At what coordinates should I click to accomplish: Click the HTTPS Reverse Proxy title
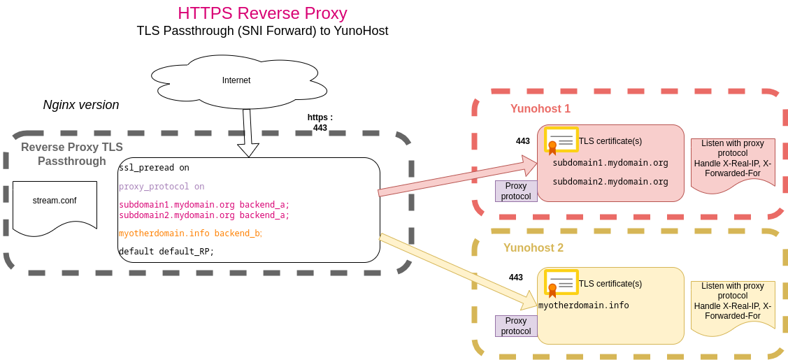(262, 13)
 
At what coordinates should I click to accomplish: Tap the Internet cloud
(236, 80)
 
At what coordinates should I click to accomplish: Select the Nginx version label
(81, 105)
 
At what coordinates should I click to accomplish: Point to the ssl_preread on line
(154, 168)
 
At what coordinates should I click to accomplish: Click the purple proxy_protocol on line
(162, 187)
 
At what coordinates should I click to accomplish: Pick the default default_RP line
(166, 252)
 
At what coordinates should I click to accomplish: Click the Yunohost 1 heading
(540, 109)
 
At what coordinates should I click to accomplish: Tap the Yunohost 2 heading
(533, 248)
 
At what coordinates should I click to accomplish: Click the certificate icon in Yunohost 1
(561, 141)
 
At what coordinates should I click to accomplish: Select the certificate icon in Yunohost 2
(561, 283)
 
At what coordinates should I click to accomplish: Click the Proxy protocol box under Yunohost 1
(516, 191)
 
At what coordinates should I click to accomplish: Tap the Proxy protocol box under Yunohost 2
(516, 326)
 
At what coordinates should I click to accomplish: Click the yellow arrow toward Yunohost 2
(458, 271)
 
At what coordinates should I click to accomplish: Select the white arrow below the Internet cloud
(248, 133)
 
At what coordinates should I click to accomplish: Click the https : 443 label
(320, 122)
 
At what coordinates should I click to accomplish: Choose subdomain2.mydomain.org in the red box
(610, 182)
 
